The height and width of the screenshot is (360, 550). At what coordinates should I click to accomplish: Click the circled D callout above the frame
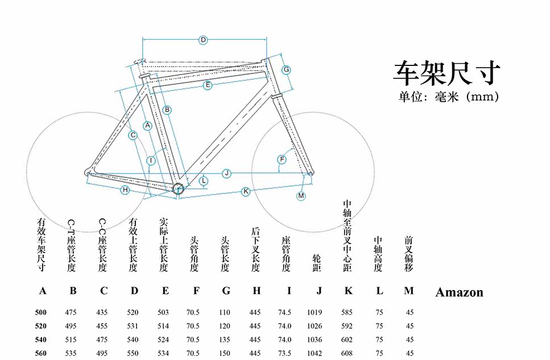[x=203, y=40]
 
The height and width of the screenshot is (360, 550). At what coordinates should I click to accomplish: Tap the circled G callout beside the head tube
[x=287, y=69]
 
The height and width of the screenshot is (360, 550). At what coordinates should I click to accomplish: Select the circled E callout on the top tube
[x=208, y=85]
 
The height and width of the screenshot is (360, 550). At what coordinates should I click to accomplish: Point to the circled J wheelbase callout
[x=226, y=173]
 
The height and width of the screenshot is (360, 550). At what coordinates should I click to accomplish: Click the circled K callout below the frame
[x=246, y=192]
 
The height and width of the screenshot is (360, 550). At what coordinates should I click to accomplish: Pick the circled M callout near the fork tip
[x=301, y=196]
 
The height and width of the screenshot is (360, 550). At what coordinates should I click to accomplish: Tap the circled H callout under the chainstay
[x=125, y=190]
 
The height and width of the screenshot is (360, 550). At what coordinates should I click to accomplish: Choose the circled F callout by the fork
[x=282, y=159]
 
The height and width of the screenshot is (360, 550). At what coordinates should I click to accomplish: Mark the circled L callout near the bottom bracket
[x=204, y=181]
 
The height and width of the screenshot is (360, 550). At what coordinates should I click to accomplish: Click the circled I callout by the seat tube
[x=151, y=161]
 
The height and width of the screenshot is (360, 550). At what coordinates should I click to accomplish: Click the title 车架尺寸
[x=447, y=73]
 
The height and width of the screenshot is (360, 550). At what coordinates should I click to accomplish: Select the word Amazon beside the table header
[x=459, y=292]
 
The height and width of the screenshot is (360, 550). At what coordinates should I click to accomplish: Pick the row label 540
[x=41, y=340]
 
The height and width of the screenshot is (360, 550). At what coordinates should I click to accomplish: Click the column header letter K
[x=348, y=291]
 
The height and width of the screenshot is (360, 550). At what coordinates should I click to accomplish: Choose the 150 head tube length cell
[x=226, y=353]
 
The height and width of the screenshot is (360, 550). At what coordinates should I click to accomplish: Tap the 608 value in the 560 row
[x=346, y=353]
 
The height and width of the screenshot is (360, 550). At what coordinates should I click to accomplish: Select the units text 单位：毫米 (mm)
[x=449, y=97]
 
